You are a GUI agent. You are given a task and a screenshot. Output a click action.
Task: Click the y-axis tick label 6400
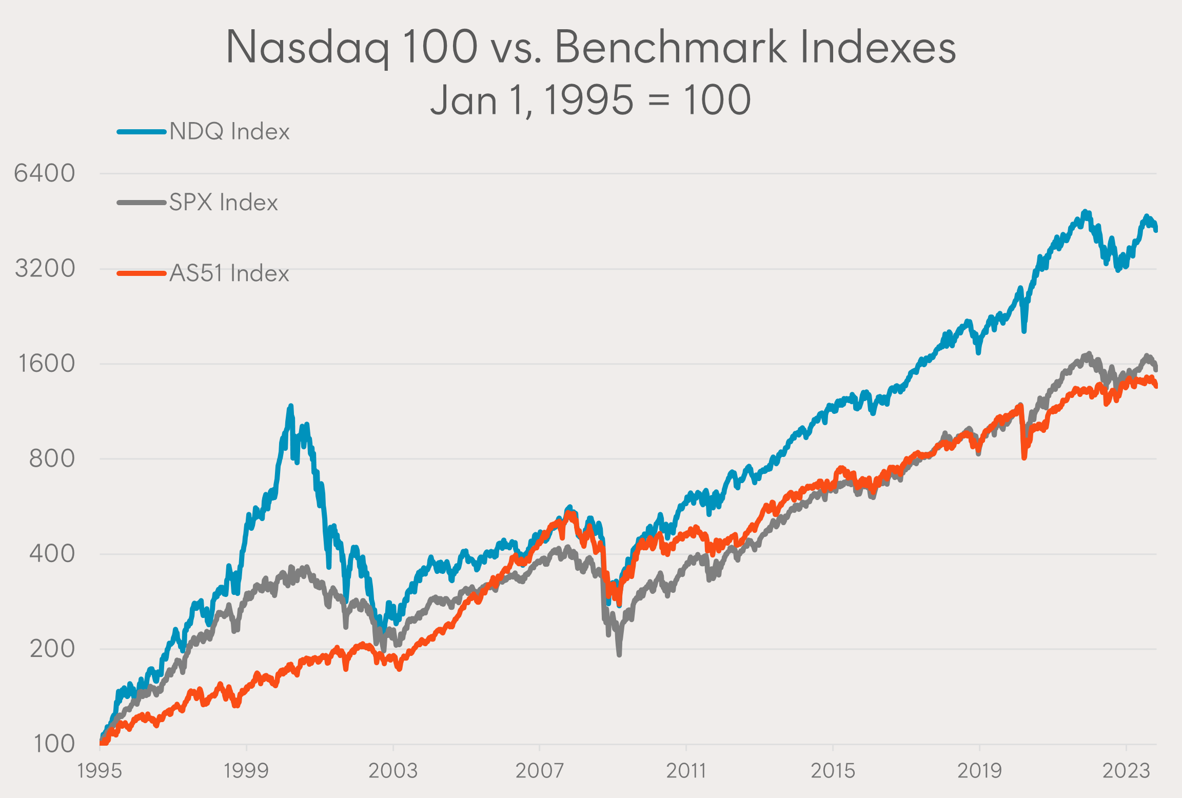click(45, 173)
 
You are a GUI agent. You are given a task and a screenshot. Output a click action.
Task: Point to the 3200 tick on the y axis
click(45, 268)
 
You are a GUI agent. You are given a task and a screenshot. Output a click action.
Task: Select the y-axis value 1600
click(46, 364)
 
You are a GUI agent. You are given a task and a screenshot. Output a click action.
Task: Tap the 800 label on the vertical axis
click(52, 458)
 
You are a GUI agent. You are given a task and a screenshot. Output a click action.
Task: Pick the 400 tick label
click(52, 554)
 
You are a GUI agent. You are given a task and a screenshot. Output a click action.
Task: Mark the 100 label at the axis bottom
click(54, 744)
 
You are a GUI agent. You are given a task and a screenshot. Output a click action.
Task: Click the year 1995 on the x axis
click(100, 771)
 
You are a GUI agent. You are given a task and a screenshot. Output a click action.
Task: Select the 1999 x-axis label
click(246, 771)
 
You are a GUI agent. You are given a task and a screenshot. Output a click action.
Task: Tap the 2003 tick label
click(393, 771)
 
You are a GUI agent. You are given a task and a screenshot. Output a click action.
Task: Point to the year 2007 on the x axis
click(540, 771)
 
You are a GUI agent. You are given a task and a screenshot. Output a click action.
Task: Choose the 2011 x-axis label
click(686, 771)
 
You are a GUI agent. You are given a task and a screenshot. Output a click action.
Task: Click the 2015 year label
click(833, 771)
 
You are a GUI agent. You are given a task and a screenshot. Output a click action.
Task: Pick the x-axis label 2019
click(979, 771)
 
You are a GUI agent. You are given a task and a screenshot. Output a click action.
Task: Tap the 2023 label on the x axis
click(1126, 771)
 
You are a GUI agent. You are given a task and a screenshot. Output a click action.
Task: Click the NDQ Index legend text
click(229, 132)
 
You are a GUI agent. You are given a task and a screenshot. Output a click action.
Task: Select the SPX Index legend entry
click(224, 203)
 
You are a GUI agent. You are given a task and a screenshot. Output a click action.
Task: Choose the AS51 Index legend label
click(229, 273)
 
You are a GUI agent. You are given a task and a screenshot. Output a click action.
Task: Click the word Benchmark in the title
click(671, 47)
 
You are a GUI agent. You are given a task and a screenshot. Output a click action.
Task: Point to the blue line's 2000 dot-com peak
click(291, 407)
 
